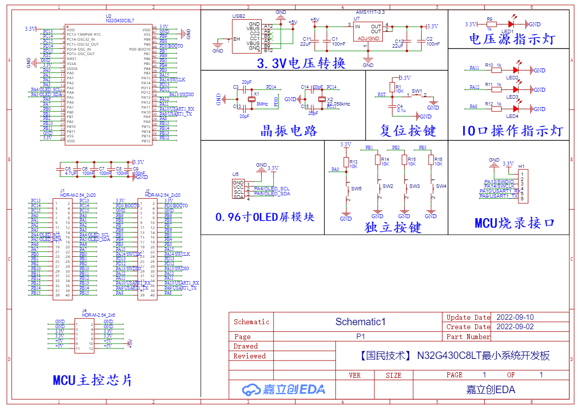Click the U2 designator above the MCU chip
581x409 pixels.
(109, 16)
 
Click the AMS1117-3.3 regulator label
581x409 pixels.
(370, 12)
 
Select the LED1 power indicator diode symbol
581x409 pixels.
(510, 24)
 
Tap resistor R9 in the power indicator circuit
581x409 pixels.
(491, 24)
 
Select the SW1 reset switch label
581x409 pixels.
(417, 91)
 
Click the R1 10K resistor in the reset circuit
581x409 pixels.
(392, 88)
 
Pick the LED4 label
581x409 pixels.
(512, 116)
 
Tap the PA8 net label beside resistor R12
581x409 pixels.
(474, 106)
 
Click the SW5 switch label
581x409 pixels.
(357, 189)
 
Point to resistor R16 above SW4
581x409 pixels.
(431, 160)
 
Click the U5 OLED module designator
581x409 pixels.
(235, 175)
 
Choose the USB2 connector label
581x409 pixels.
(239, 16)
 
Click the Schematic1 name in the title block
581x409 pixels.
(361, 322)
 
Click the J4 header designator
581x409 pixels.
(84, 310)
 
